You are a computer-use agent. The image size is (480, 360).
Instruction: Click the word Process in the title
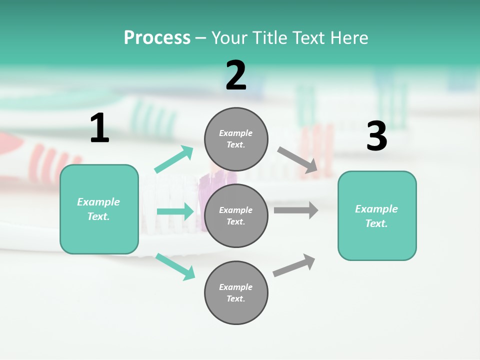tap(157, 38)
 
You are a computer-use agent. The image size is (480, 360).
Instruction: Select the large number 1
tap(99, 128)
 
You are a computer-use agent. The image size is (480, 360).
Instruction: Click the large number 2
tap(236, 75)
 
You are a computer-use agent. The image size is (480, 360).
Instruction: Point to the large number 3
tap(376, 136)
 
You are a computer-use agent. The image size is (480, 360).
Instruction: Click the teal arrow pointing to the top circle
tap(174, 159)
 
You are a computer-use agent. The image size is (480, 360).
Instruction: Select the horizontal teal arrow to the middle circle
tap(175, 211)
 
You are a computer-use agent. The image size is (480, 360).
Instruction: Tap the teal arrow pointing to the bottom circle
tap(175, 266)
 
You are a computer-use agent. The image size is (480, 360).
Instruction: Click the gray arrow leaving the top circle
tap(298, 159)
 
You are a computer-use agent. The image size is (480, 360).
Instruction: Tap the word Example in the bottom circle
tap(236, 287)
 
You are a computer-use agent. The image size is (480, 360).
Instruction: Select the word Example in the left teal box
tap(98, 202)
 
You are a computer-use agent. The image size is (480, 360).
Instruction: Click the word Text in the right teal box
tap(375, 223)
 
